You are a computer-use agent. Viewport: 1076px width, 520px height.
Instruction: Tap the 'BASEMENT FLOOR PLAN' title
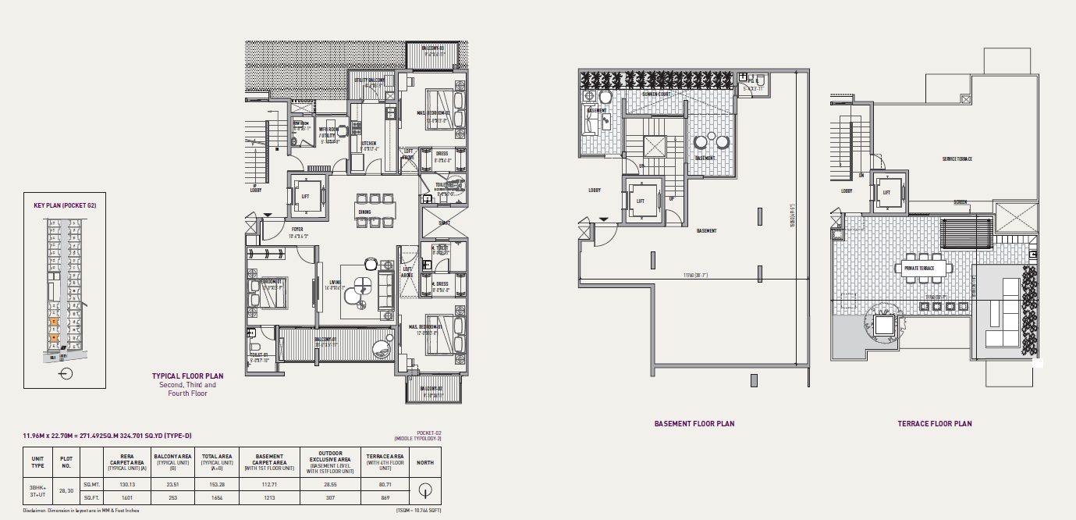pos(694,424)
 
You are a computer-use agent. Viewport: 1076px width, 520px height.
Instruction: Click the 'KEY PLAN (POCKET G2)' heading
pos(64,205)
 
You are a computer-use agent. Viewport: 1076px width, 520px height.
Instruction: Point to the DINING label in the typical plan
pos(364,212)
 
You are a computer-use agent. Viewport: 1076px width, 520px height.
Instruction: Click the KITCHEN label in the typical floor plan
pos(368,144)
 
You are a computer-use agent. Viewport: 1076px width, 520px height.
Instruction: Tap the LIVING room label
pos(336,283)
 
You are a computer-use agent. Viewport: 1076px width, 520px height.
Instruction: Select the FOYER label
pos(297,230)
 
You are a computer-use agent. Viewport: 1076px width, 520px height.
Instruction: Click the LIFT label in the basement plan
pos(641,201)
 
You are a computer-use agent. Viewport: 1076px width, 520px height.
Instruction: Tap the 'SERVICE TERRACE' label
pos(957,159)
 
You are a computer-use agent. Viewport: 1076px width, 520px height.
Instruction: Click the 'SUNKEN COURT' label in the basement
pos(656,94)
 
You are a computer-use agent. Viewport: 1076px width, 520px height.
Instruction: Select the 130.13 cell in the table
pos(123,484)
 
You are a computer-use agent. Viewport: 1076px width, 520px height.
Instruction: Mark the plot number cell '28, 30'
pos(66,490)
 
